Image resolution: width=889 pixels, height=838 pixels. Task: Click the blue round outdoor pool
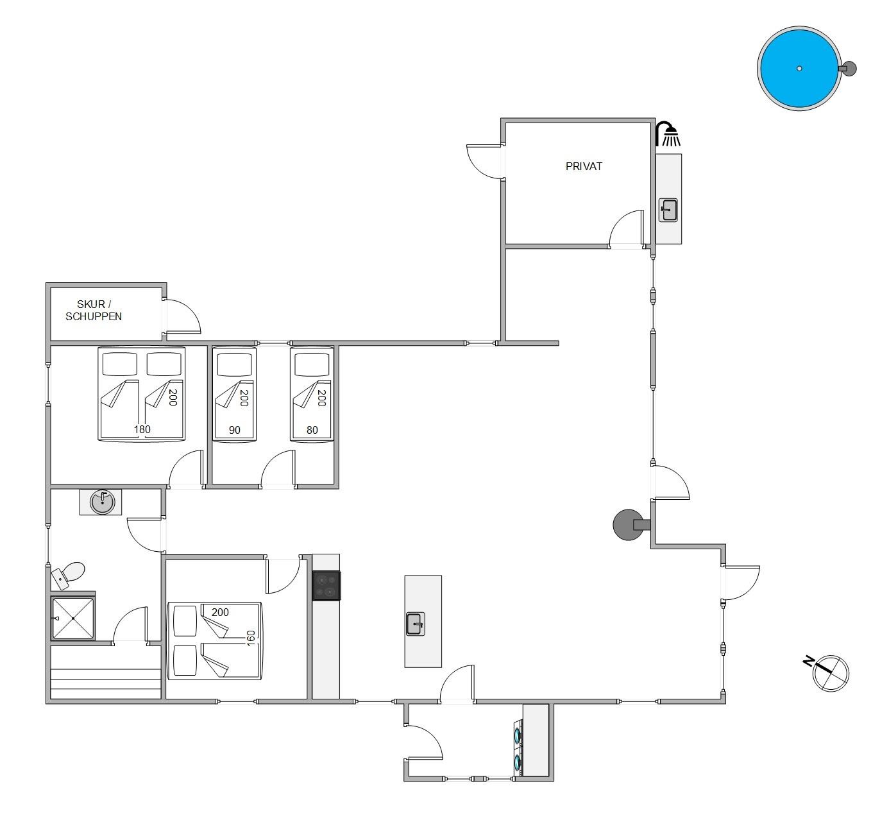pos(799,68)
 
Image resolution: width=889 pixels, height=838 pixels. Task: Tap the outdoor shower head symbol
pos(668,133)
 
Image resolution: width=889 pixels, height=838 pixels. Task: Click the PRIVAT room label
pos(584,166)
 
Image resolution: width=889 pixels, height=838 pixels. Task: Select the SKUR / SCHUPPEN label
pos(94,311)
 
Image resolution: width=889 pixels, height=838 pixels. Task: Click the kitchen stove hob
pos(326,585)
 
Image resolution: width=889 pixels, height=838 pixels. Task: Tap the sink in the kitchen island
pos(415,624)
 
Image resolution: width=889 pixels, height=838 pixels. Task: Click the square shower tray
pos(72,618)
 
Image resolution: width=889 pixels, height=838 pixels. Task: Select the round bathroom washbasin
pos(102,502)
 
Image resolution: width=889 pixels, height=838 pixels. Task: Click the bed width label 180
pos(142,429)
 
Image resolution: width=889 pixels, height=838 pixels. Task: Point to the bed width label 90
pos(235,430)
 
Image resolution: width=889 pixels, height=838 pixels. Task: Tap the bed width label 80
pos(312,430)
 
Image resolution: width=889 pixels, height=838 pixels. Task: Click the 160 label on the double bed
pos(251,638)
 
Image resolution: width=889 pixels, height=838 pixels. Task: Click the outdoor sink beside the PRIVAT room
pos(668,210)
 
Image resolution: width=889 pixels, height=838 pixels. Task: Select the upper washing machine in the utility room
pos(518,735)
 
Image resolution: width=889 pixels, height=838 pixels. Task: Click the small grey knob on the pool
pos(848,69)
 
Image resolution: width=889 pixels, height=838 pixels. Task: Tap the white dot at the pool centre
pos(799,69)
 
